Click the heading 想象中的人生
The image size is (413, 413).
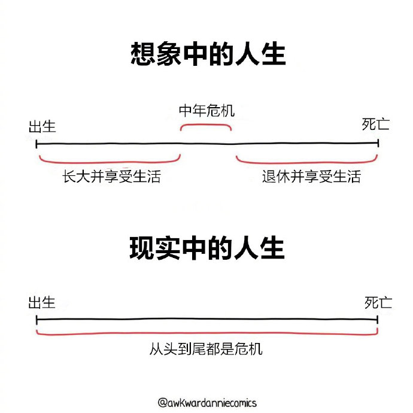point(208,54)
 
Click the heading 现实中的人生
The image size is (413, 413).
point(207,248)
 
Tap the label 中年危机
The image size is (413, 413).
point(206,111)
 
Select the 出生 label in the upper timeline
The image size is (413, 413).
point(42,127)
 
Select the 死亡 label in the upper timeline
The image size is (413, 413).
point(376,124)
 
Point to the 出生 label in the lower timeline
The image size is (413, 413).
point(42,302)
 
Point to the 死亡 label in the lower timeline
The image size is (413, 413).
point(378,302)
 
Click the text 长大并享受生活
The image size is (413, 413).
point(112,176)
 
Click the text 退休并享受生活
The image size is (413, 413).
point(311,176)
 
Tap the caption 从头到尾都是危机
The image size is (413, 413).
point(206,349)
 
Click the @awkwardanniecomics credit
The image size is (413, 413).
point(207,402)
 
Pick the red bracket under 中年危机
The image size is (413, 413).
point(206,125)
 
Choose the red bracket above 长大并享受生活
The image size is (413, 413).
point(110,162)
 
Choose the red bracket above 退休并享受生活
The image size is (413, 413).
point(307,162)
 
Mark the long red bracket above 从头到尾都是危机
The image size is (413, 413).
point(207,334)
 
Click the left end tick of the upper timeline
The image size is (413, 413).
point(37,144)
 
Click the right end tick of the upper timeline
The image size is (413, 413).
point(378,143)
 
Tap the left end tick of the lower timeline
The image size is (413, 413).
point(37,320)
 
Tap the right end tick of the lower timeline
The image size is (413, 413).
point(378,320)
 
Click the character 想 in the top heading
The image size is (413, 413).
point(142,54)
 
